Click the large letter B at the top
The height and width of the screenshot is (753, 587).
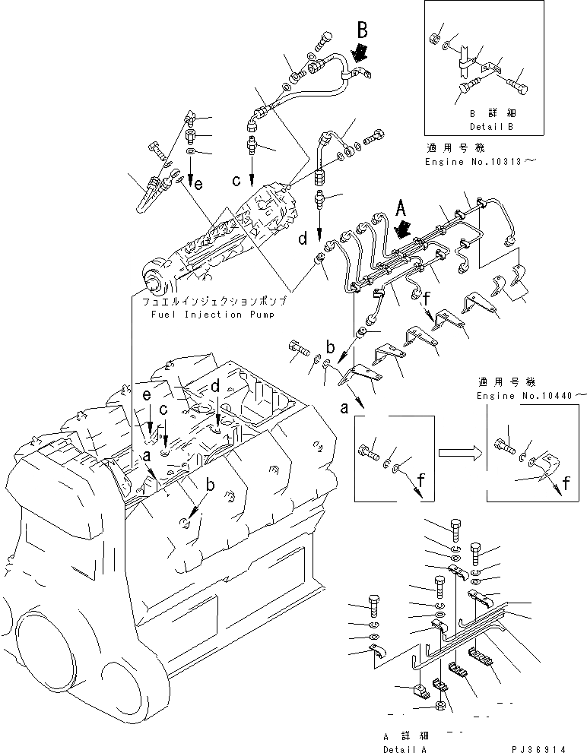coord(363,31)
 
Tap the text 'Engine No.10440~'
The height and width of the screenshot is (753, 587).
coord(531,396)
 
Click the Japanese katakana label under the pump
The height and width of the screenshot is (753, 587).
coord(213,301)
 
